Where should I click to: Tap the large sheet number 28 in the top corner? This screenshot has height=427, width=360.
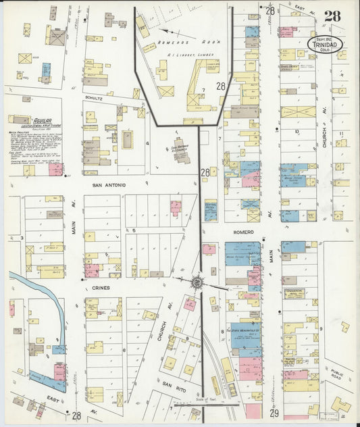click(x=332, y=16)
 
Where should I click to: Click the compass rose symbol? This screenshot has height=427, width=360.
click(x=197, y=282)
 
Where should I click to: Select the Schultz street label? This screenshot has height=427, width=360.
click(x=93, y=98)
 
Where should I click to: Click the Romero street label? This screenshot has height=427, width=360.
click(x=244, y=232)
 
